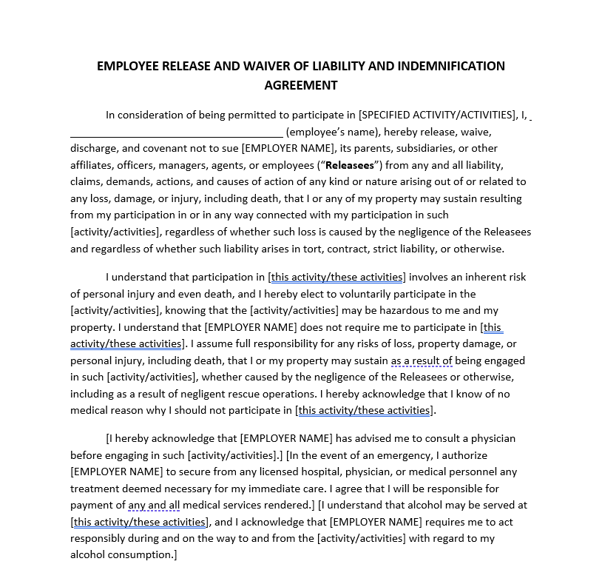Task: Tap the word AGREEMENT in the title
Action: tap(300, 85)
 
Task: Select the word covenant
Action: tap(166, 148)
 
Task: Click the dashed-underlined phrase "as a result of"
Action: tap(421, 360)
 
